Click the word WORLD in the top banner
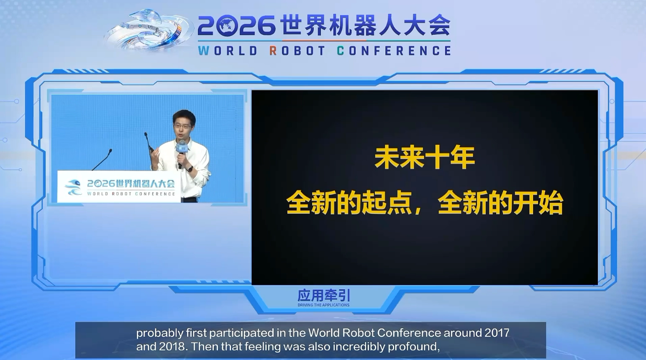pyautogui.click(x=228, y=51)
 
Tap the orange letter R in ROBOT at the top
pyautogui.click(x=273, y=51)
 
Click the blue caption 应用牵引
pyautogui.click(x=324, y=296)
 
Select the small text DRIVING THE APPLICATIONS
pyautogui.click(x=323, y=305)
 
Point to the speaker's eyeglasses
pyautogui.click(x=182, y=126)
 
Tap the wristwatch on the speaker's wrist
pyautogui.click(x=190, y=168)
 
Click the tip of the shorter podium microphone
pyautogui.click(x=110, y=150)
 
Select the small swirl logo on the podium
pyautogui.click(x=74, y=188)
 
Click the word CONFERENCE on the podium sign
pyautogui.click(x=155, y=194)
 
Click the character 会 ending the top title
pyautogui.click(x=439, y=26)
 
